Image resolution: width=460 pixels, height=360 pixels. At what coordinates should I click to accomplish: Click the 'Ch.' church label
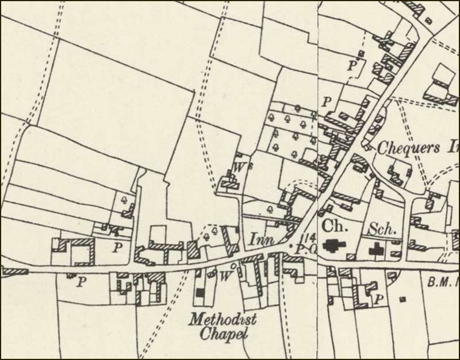click(332, 225)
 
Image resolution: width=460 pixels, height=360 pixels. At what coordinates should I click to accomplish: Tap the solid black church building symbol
click(332, 246)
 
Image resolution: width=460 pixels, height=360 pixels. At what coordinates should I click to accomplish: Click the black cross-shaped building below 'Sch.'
click(377, 250)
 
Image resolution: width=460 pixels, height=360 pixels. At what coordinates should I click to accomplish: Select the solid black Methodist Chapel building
click(200, 293)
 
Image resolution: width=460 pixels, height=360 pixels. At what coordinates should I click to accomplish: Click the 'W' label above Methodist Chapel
click(225, 276)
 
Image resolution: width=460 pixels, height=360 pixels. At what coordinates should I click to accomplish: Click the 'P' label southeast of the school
click(378, 299)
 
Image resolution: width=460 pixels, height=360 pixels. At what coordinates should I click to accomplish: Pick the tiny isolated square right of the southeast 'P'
click(401, 299)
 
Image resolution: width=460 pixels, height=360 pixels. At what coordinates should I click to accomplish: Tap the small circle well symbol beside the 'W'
click(232, 266)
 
